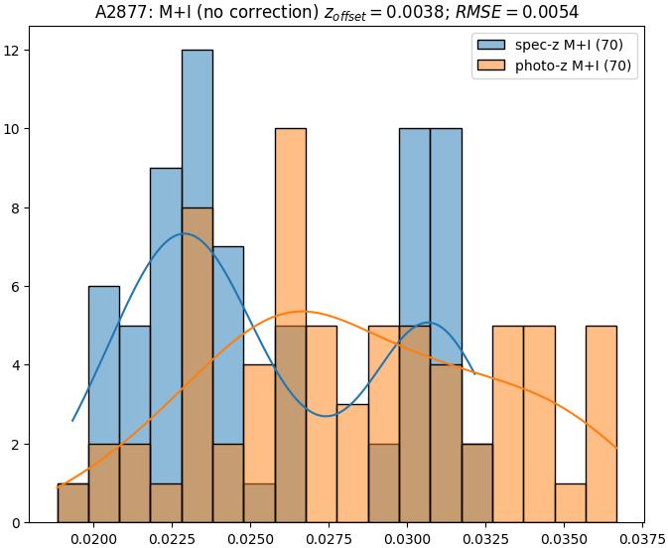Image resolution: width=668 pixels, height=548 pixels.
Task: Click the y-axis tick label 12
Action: tap(23, 51)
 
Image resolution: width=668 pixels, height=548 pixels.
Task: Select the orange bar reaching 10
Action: tap(290, 298)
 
